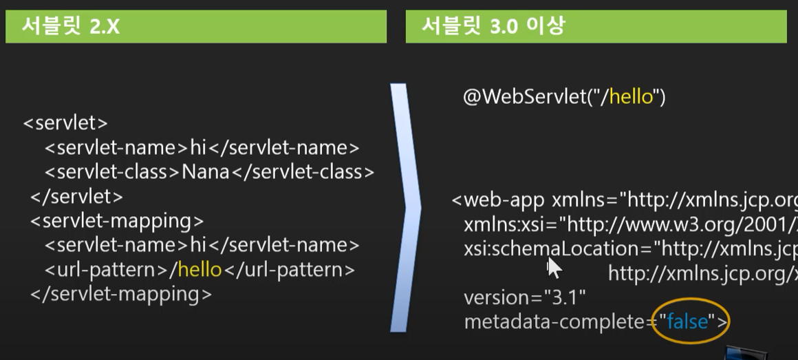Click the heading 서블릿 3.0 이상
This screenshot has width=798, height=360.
[x=493, y=28]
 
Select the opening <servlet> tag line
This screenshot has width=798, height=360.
[x=65, y=123]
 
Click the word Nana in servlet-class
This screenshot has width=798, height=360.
[x=205, y=172]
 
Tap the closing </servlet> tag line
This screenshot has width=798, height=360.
[x=76, y=197]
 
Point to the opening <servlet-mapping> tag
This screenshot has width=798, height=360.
[x=117, y=221]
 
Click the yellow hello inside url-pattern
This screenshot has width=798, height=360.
[x=199, y=270]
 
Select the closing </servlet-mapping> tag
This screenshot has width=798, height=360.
[x=120, y=294]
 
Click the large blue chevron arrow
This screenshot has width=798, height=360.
[x=406, y=207]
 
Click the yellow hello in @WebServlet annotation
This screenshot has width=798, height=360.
[x=631, y=97]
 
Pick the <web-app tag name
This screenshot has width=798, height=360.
[x=501, y=200]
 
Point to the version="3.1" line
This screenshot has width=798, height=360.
[x=524, y=298]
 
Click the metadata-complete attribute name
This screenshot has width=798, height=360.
[x=557, y=321]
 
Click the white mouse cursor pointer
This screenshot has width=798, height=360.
[x=554, y=267]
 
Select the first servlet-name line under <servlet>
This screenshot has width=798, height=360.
[x=202, y=148]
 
